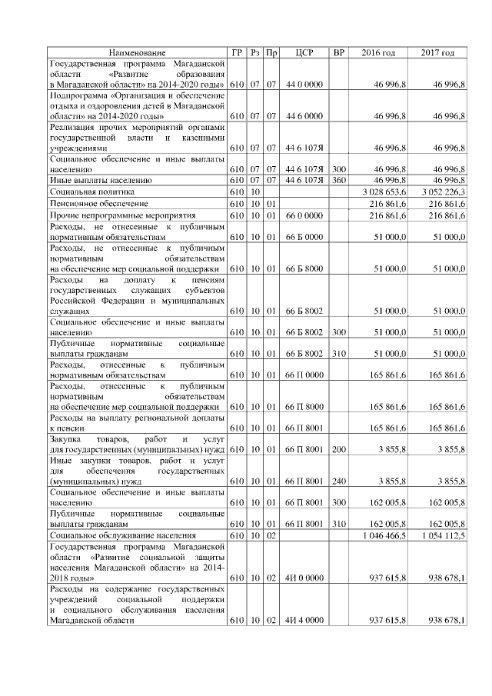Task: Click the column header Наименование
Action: (137, 52)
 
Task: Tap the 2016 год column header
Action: (378, 52)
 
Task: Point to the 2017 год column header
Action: (437, 52)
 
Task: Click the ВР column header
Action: (337, 52)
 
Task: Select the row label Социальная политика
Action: (92, 189)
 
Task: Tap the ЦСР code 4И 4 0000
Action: (303, 621)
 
